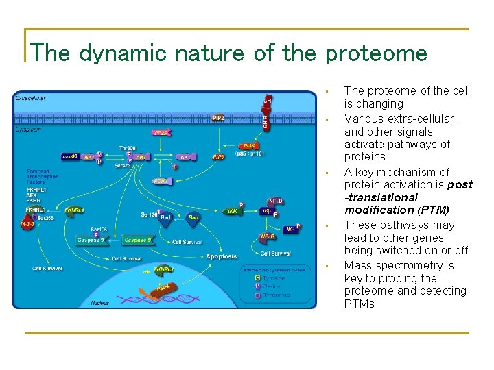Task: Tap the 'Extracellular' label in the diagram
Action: [x=31, y=99]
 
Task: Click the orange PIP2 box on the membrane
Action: [x=218, y=118]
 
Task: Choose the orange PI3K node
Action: [x=248, y=145]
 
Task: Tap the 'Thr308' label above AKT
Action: [x=128, y=147]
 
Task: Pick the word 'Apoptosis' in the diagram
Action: [x=222, y=256]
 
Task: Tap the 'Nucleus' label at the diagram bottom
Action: [x=99, y=302]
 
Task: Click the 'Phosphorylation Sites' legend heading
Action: [x=275, y=269]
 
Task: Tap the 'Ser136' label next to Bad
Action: [x=149, y=214]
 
